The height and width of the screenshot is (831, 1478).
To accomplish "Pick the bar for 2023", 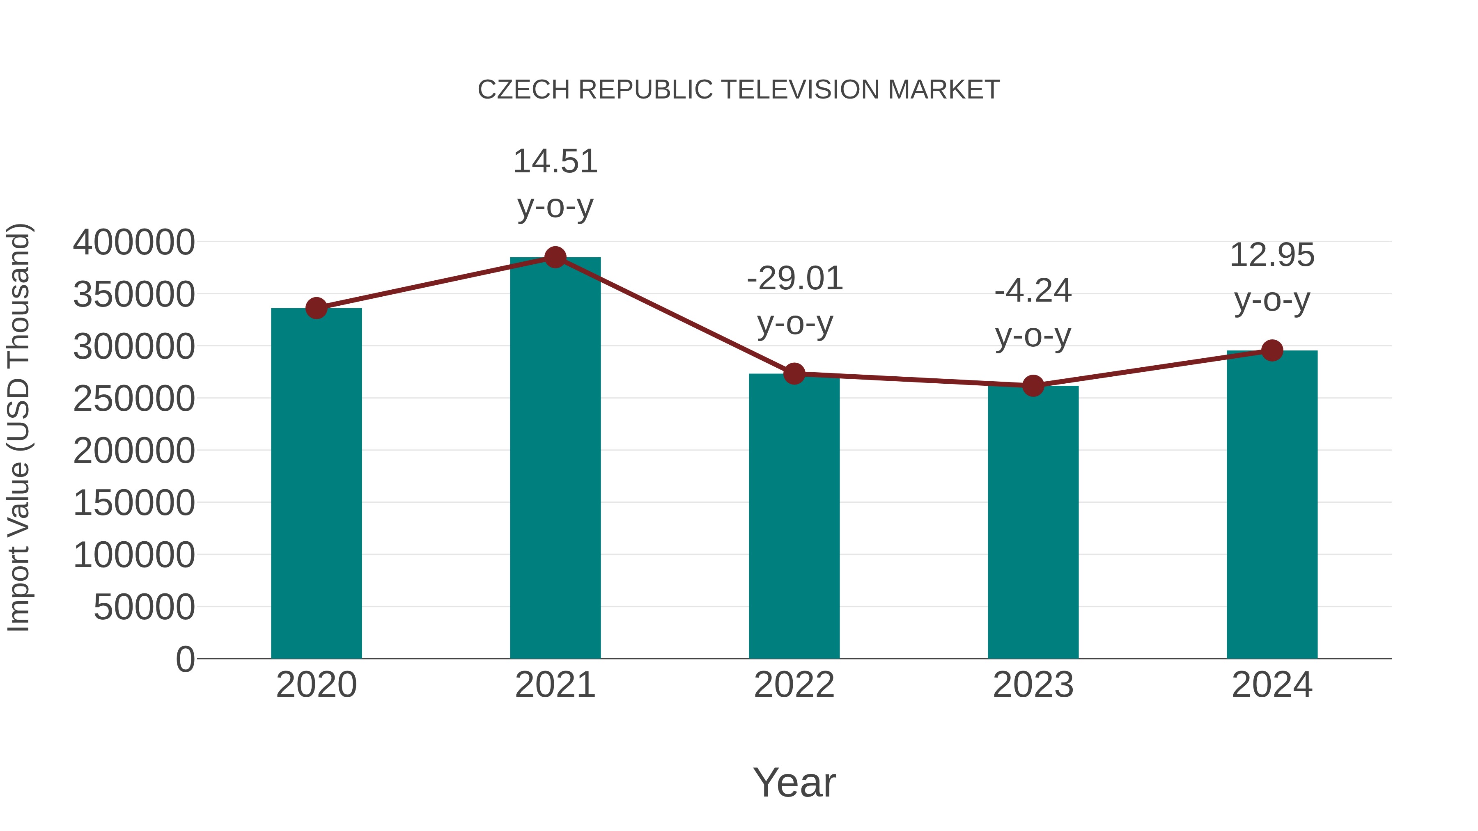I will click(x=1033, y=522).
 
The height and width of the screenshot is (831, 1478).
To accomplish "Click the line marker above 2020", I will click(x=316, y=308).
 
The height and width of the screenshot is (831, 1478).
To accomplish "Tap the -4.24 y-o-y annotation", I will click(x=1033, y=313).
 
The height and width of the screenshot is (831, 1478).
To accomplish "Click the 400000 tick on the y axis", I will click(x=134, y=242).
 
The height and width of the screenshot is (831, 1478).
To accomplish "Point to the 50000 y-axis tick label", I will click(x=144, y=607).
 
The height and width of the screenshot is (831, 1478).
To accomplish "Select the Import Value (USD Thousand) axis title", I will click(x=18, y=427).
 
